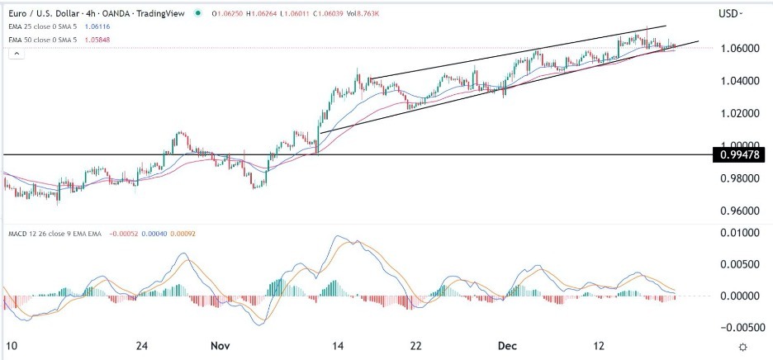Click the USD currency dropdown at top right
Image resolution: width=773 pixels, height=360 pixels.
[x=730, y=14]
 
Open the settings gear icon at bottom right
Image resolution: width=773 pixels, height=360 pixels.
[x=743, y=347]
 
